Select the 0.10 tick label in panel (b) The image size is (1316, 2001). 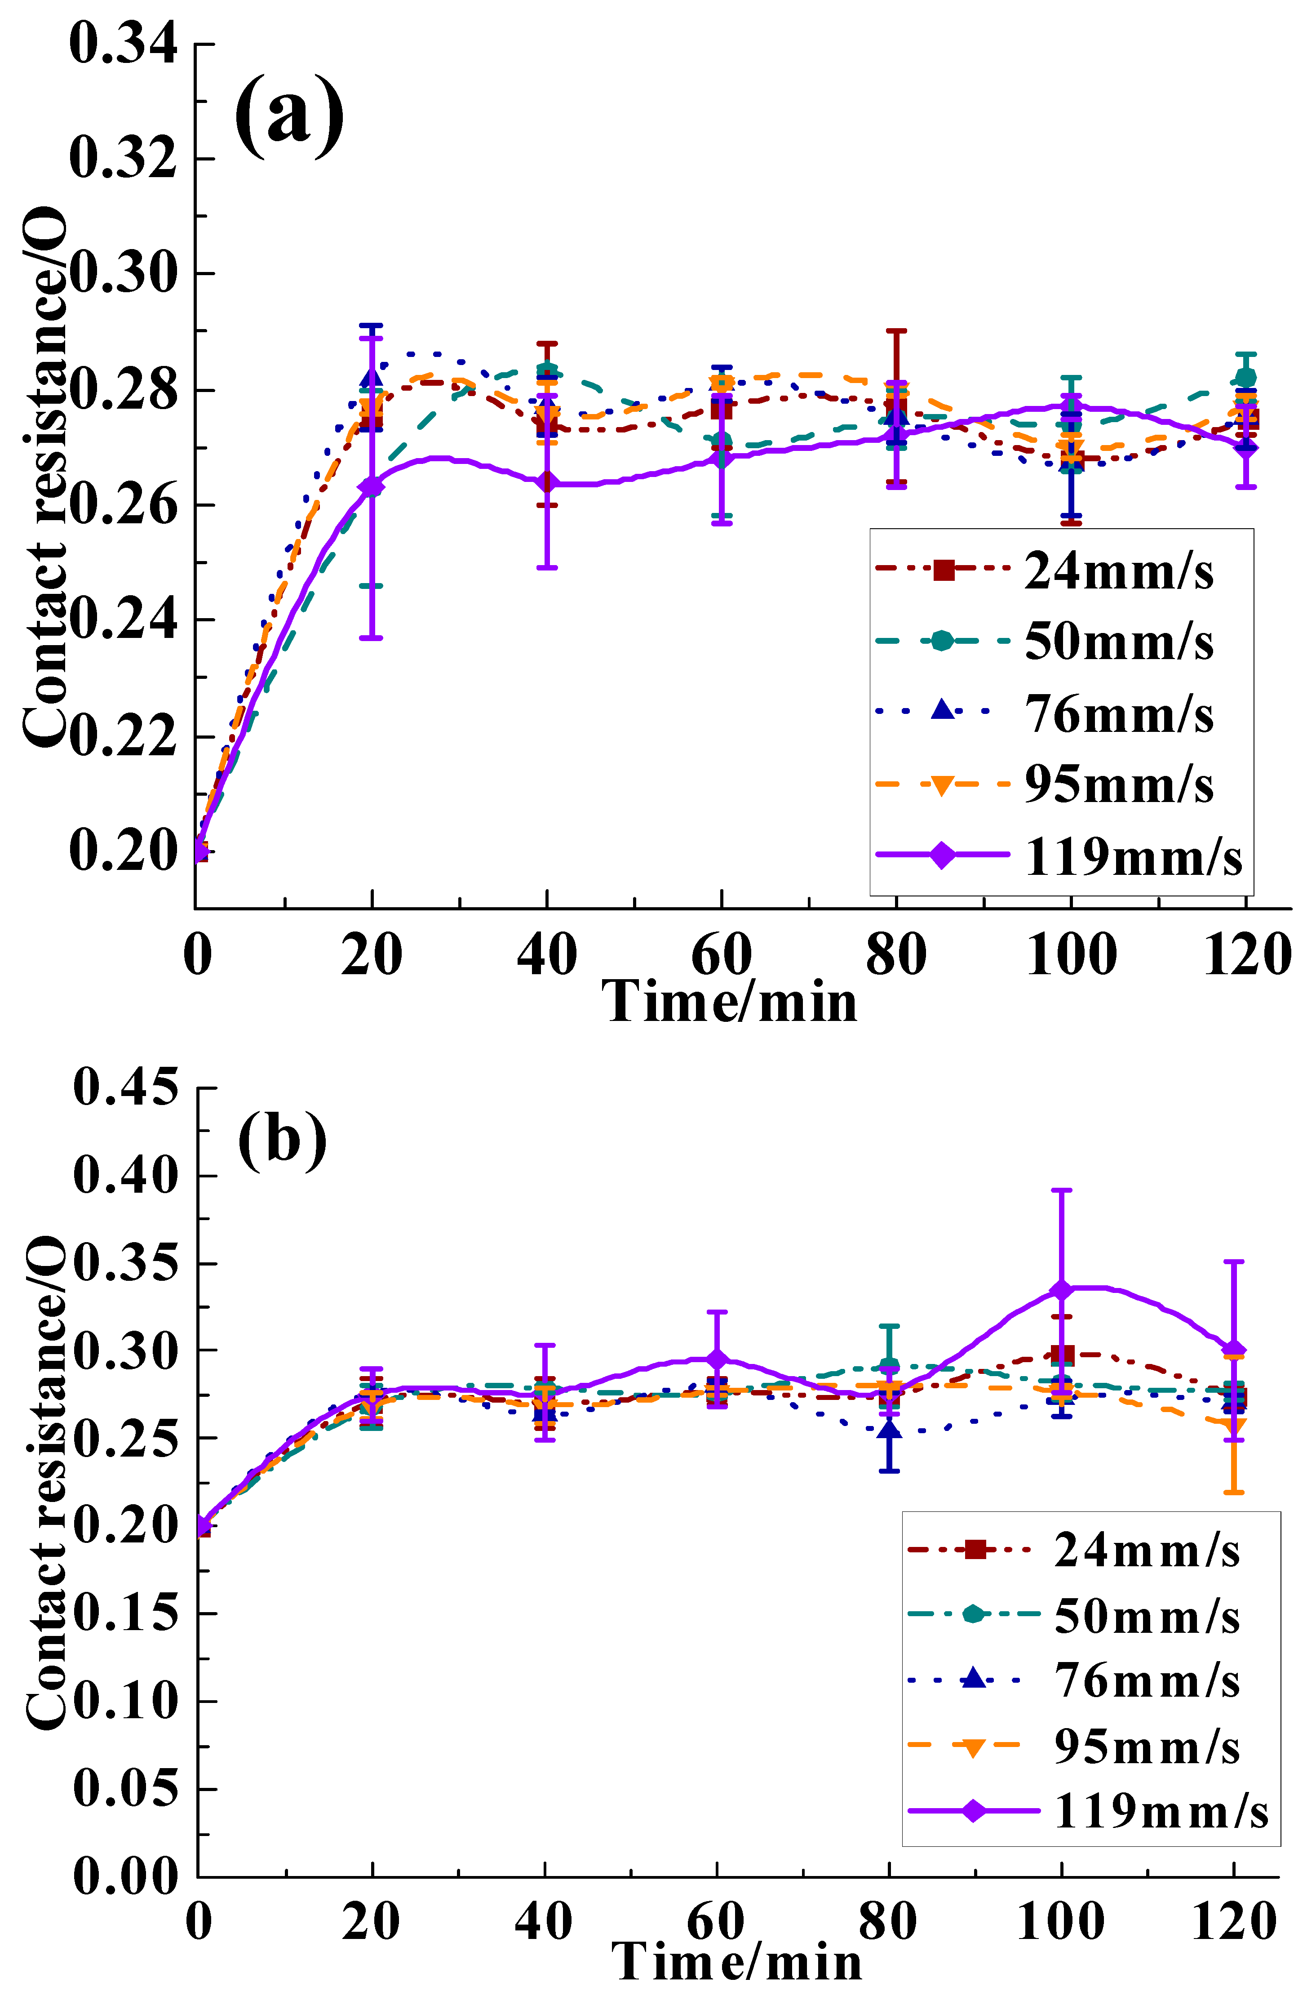pos(126,1701)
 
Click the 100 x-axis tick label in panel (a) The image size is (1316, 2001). pos(1072,956)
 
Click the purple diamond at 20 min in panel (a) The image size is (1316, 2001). pos(372,486)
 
